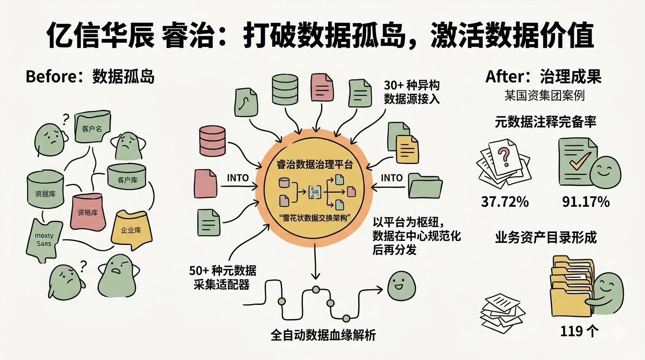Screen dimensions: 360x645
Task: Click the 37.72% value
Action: (x=505, y=202)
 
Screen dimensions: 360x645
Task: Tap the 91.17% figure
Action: (x=586, y=202)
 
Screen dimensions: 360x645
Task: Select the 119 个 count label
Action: (x=579, y=331)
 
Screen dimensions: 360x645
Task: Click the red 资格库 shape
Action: (x=88, y=212)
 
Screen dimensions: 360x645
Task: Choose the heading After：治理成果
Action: (x=543, y=76)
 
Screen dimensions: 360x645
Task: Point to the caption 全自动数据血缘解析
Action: (x=323, y=336)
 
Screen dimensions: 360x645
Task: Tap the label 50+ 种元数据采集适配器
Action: (x=222, y=277)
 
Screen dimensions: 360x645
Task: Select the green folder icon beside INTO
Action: (x=425, y=186)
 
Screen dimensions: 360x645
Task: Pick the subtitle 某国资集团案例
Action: (x=544, y=96)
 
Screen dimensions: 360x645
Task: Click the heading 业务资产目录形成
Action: (x=546, y=237)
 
